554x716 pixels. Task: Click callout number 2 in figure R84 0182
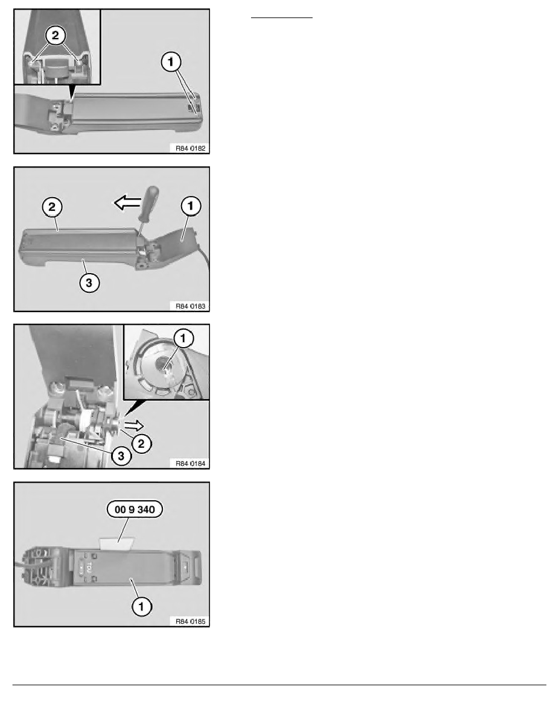click(x=56, y=35)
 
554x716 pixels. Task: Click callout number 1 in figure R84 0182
click(x=171, y=61)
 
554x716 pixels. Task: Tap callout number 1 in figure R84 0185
click(x=141, y=608)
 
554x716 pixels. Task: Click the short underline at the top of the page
click(x=282, y=19)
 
